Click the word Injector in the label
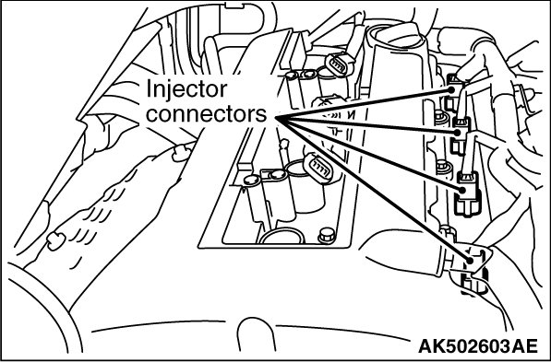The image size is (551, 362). coord(186,89)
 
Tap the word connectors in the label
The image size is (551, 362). coord(206,114)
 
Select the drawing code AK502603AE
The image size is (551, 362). coord(478,346)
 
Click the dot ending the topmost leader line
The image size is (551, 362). coord(450,89)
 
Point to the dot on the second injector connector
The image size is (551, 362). coord(457,133)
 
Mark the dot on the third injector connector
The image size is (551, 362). coord(462,190)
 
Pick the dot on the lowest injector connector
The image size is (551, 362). coord(470,261)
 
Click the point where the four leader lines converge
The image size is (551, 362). coord(276,118)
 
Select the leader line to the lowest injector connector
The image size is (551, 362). coord(373,189)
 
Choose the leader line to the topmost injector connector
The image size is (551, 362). coord(364,104)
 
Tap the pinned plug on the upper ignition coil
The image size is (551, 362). coord(341,64)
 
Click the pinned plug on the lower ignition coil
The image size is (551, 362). coord(318,169)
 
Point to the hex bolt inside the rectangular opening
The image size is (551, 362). coord(327,236)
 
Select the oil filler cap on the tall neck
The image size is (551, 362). coord(398,35)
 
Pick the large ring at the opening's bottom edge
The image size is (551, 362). coord(281,236)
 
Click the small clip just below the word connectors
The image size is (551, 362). coord(182,153)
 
